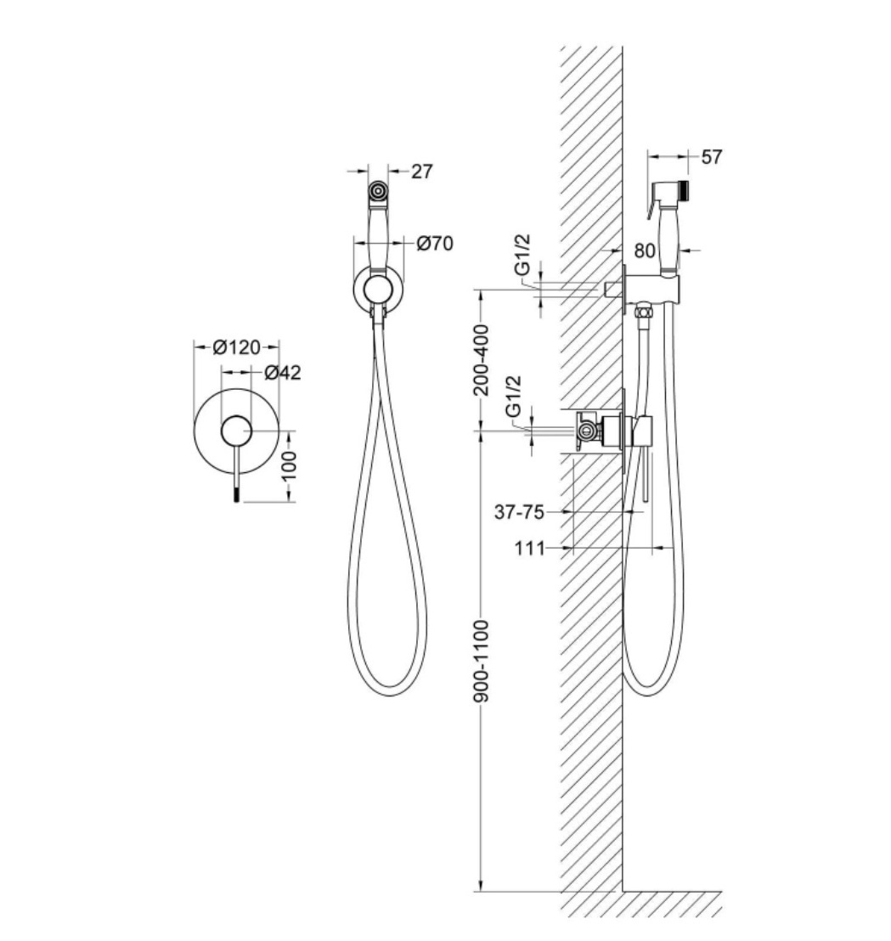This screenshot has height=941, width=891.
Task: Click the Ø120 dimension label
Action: tap(237, 347)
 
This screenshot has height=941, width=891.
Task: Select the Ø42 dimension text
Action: tap(283, 373)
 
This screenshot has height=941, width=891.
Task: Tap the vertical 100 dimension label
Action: tap(289, 465)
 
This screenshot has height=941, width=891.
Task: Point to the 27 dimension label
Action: tap(422, 172)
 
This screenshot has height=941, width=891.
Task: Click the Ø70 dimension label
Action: tap(435, 244)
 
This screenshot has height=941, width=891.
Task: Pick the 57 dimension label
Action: tap(712, 157)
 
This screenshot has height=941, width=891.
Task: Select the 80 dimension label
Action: tap(645, 251)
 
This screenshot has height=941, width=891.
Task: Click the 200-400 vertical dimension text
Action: tap(482, 360)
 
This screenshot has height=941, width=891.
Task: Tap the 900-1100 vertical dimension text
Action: tap(482, 661)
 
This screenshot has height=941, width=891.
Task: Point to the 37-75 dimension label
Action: tap(519, 512)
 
